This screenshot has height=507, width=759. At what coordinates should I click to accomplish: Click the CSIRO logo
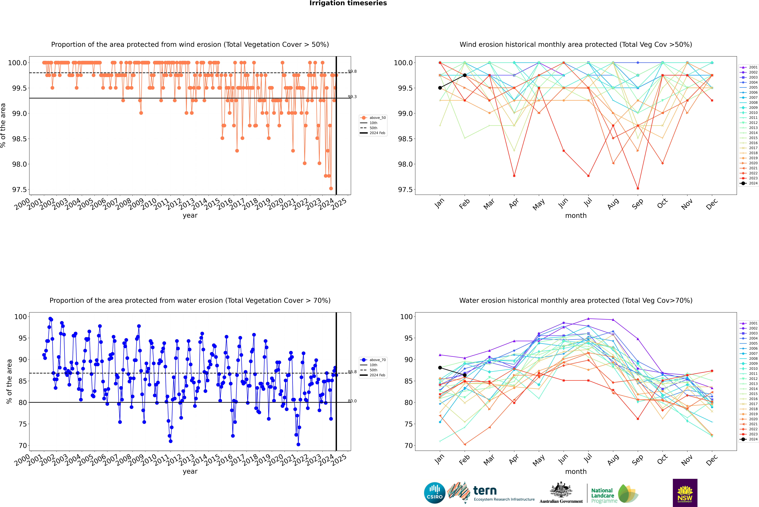coord(435,493)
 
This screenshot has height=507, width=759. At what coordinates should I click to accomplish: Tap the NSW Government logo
coord(685,493)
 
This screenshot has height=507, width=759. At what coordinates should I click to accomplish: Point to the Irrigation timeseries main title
coord(348,3)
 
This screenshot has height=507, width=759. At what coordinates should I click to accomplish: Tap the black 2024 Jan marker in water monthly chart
coord(440,368)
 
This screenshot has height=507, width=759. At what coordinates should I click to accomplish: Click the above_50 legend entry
coord(373,118)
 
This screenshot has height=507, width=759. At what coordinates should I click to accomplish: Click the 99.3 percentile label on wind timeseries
coord(352,97)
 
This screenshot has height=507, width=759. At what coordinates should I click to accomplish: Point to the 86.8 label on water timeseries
coord(352,372)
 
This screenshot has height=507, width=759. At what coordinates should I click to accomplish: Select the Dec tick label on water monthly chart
coord(712,460)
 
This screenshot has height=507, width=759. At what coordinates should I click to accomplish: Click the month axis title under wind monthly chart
coord(576,216)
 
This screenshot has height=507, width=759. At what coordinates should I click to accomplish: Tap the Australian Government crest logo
coord(561,493)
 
